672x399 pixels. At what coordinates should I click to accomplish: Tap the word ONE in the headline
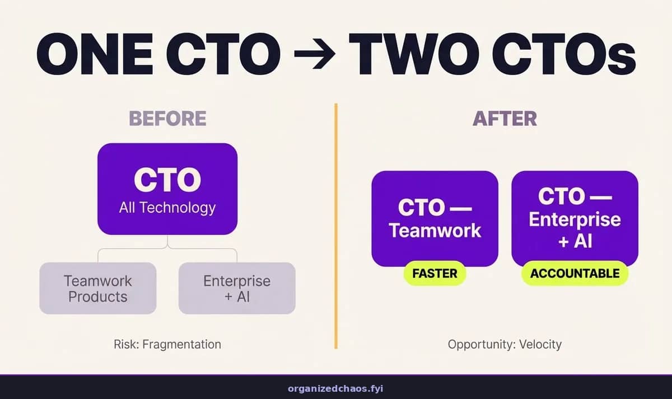point(95,54)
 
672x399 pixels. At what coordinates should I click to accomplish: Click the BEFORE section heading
point(167,119)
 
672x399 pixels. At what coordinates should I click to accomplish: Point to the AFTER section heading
point(505,119)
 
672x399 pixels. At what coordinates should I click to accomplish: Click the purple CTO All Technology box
point(167,189)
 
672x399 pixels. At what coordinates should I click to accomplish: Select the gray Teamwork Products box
point(98,288)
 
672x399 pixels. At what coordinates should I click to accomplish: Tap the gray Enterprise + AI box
point(237,288)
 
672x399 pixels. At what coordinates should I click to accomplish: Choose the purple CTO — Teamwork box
point(435,219)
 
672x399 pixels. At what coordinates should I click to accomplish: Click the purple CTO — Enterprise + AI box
point(575,219)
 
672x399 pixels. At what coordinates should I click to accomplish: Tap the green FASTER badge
point(435,274)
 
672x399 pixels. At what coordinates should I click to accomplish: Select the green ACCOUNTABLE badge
point(575,274)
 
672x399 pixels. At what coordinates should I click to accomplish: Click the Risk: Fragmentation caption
point(167,345)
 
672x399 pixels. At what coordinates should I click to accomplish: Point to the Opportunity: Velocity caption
point(505,345)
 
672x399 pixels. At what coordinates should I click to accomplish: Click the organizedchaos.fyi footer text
point(335,389)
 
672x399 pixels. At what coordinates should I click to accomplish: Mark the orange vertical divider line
point(336,226)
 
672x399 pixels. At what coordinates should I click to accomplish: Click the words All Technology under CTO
point(167,208)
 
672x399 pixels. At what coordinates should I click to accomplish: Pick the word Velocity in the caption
point(540,345)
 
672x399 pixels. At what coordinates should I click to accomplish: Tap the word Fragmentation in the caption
point(182,345)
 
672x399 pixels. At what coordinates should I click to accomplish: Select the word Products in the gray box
point(98,297)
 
